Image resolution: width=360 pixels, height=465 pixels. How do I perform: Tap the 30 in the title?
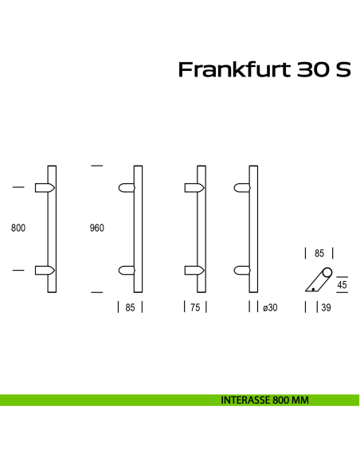(x=312, y=71)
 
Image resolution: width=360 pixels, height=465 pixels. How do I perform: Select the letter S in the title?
(x=342, y=71)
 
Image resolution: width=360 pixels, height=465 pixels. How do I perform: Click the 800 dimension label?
(x=18, y=229)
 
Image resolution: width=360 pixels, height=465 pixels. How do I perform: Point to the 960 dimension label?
(x=96, y=229)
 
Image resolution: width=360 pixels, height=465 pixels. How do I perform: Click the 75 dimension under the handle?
(x=195, y=307)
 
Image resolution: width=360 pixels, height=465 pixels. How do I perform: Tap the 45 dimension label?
(x=342, y=285)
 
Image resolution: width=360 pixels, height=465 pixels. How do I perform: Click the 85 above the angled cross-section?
(x=319, y=254)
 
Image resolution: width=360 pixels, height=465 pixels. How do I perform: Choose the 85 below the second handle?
(x=130, y=307)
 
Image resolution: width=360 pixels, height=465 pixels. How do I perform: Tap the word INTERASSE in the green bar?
(x=244, y=401)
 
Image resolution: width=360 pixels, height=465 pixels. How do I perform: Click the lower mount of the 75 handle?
(x=191, y=271)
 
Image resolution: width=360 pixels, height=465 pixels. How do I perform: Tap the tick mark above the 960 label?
(x=97, y=166)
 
